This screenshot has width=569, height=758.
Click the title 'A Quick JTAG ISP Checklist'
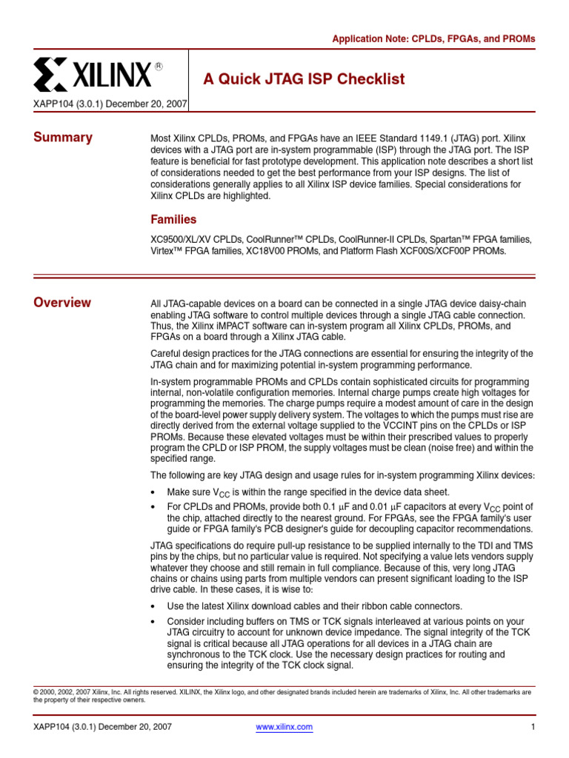point(304,79)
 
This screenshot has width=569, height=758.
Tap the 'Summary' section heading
point(63,137)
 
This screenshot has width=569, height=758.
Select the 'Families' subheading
point(173,220)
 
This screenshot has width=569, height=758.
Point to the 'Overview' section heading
point(62,302)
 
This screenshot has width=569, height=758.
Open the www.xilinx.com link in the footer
point(284,727)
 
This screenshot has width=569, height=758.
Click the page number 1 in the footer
point(533,727)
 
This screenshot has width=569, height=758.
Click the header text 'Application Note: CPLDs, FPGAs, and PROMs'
point(433,38)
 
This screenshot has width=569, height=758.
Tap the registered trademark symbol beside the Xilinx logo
point(158,66)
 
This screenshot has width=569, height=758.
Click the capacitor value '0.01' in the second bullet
point(376,506)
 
